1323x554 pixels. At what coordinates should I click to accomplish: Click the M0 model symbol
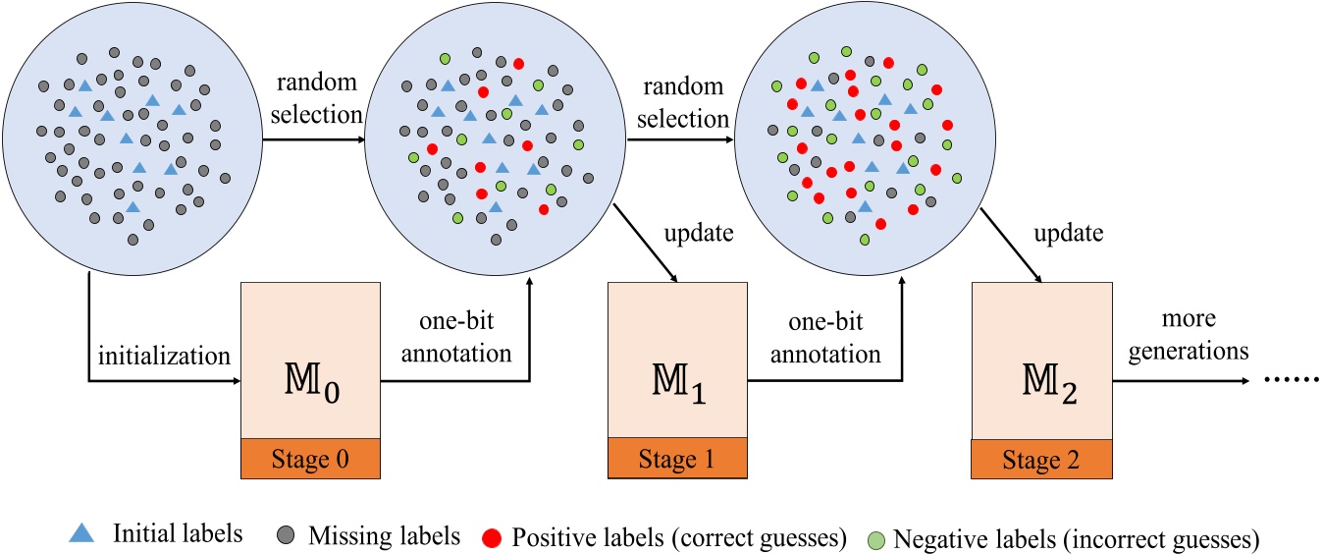coord(311,380)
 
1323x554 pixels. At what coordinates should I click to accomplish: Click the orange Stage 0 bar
coord(311,458)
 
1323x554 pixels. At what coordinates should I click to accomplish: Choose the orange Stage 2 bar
coord(1040,458)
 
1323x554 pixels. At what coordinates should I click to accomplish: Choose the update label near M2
coord(1069,237)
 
